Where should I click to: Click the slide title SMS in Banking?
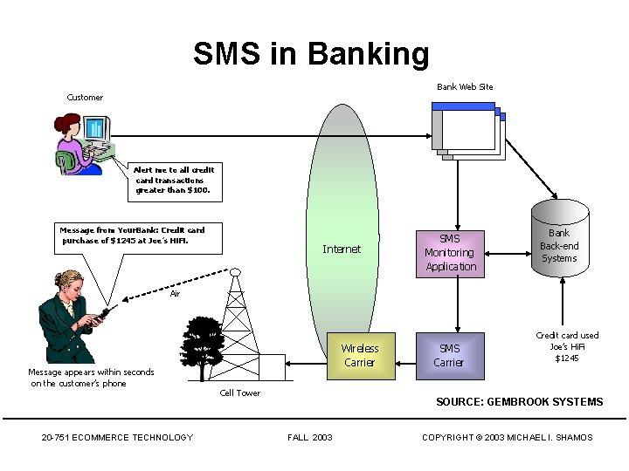coord(311,54)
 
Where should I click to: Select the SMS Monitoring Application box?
coord(451,253)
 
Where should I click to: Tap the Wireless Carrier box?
coord(358,356)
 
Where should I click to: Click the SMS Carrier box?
coord(449,356)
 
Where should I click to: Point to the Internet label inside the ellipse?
coord(341,249)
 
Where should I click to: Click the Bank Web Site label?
coord(465,87)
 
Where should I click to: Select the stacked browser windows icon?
coord(468,132)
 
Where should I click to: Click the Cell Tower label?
coord(240,393)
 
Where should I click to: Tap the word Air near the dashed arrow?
coord(175,294)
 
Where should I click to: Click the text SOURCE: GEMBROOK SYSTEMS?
coord(519,402)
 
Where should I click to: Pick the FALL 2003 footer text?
coord(309,438)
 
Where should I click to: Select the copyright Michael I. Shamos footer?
coord(507,438)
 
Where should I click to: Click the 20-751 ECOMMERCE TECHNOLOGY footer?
coord(117,438)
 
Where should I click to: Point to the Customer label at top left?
coord(85,98)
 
